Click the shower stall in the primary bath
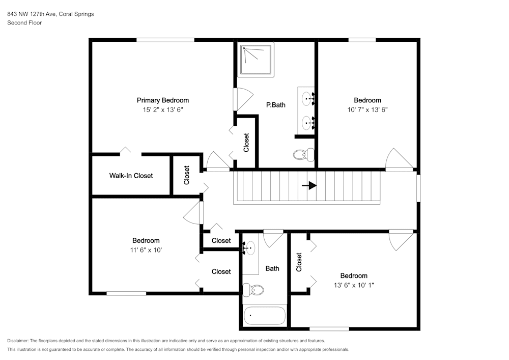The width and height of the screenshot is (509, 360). (256, 60)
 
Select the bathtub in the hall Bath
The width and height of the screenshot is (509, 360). (264, 316)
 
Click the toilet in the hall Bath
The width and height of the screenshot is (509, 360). (253, 290)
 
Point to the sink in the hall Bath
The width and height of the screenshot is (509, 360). (249, 248)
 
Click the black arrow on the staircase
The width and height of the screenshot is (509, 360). (309, 186)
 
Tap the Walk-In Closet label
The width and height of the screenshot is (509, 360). (131, 176)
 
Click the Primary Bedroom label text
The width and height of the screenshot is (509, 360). (163, 100)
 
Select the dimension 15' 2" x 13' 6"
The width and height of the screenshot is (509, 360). (163, 109)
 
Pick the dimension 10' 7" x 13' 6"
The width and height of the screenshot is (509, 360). (367, 109)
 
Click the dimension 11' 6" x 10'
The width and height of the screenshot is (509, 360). (146, 250)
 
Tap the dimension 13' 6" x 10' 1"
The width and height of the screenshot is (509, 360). (354, 285)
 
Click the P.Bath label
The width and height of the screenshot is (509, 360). (275, 105)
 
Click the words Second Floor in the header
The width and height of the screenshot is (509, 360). (24, 23)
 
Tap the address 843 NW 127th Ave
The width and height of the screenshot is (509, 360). (32, 14)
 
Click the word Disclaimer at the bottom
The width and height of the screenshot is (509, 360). (17, 341)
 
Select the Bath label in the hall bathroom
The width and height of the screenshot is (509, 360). (272, 268)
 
